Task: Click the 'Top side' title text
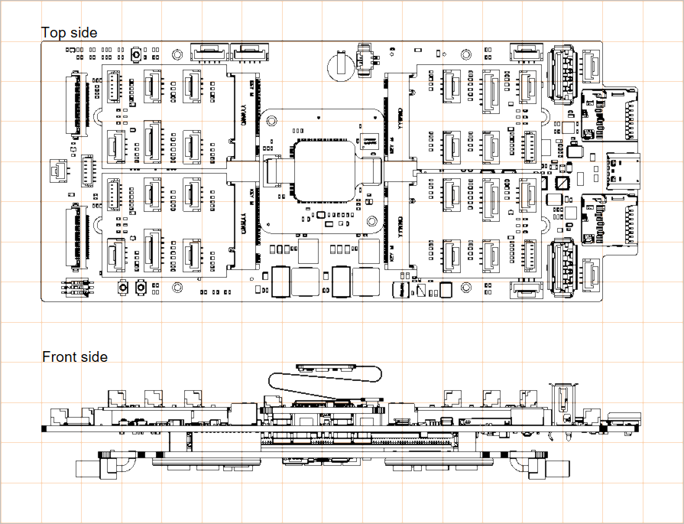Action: (70, 32)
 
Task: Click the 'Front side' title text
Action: (75, 356)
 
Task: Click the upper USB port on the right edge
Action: (562, 73)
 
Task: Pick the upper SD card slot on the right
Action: (611, 116)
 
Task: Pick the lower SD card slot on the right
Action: (611, 220)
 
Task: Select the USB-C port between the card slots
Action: (624, 170)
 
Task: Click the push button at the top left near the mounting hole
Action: (136, 55)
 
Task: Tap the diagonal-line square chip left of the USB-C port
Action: (562, 184)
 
